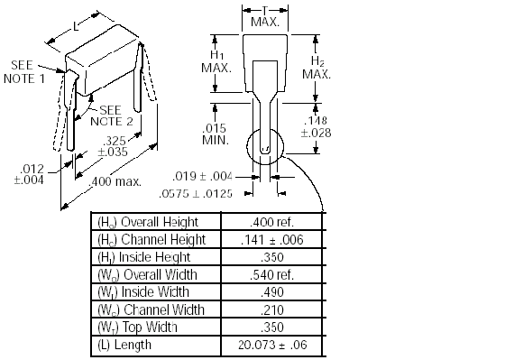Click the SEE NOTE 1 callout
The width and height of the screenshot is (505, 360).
[24, 72]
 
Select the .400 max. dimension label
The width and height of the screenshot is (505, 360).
[115, 181]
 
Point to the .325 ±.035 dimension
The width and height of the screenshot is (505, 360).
[113, 146]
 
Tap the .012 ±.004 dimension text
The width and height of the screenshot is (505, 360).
[29, 174]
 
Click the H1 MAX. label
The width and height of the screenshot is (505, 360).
[216, 61]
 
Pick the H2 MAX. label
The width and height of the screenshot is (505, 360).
[317, 68]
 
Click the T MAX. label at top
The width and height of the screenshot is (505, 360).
[265, 17]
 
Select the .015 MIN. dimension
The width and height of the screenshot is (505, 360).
[216, 134]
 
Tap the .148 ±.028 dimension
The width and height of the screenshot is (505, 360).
[316, 126]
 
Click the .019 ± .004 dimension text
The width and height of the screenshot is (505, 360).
[202, 176]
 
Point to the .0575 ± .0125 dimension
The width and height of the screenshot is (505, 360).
[196, 194]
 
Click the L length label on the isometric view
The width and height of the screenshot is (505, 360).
[76, 27]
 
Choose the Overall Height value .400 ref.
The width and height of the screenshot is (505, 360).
[271, 222]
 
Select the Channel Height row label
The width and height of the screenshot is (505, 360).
[151, 239]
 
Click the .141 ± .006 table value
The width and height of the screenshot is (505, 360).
[271, 239]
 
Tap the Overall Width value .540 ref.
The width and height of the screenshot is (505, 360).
[271, 274]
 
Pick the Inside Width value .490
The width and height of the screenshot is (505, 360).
[272, 292]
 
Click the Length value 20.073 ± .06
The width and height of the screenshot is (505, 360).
[272, 345]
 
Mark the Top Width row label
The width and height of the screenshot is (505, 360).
[137, 328]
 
